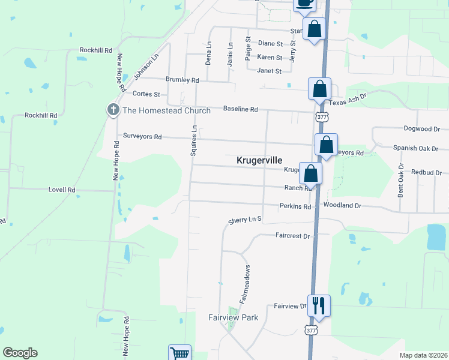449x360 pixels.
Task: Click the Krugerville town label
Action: (x=259, y=160)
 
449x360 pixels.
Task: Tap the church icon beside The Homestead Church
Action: (x=112, y=110)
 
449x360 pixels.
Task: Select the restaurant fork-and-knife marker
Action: (x=319, y=305)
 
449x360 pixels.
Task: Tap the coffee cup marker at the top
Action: (x=304, y=4)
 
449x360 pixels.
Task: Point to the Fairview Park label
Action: (x=233, y=317)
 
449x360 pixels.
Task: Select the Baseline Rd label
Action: (x=240, y=109)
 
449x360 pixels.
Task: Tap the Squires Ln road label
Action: (x=194, y=140)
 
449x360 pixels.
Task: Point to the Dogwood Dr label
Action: (x=422, y=128)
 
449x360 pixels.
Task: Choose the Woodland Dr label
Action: (x=342, y=205)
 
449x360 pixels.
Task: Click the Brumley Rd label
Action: (x=182, y=80)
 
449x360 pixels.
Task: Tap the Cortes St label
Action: (x=146, y=94)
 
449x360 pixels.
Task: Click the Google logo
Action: (x=20, y=353)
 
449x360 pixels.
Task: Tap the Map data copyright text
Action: (x=423, y=355)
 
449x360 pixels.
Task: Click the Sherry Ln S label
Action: (x=245, y=221)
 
